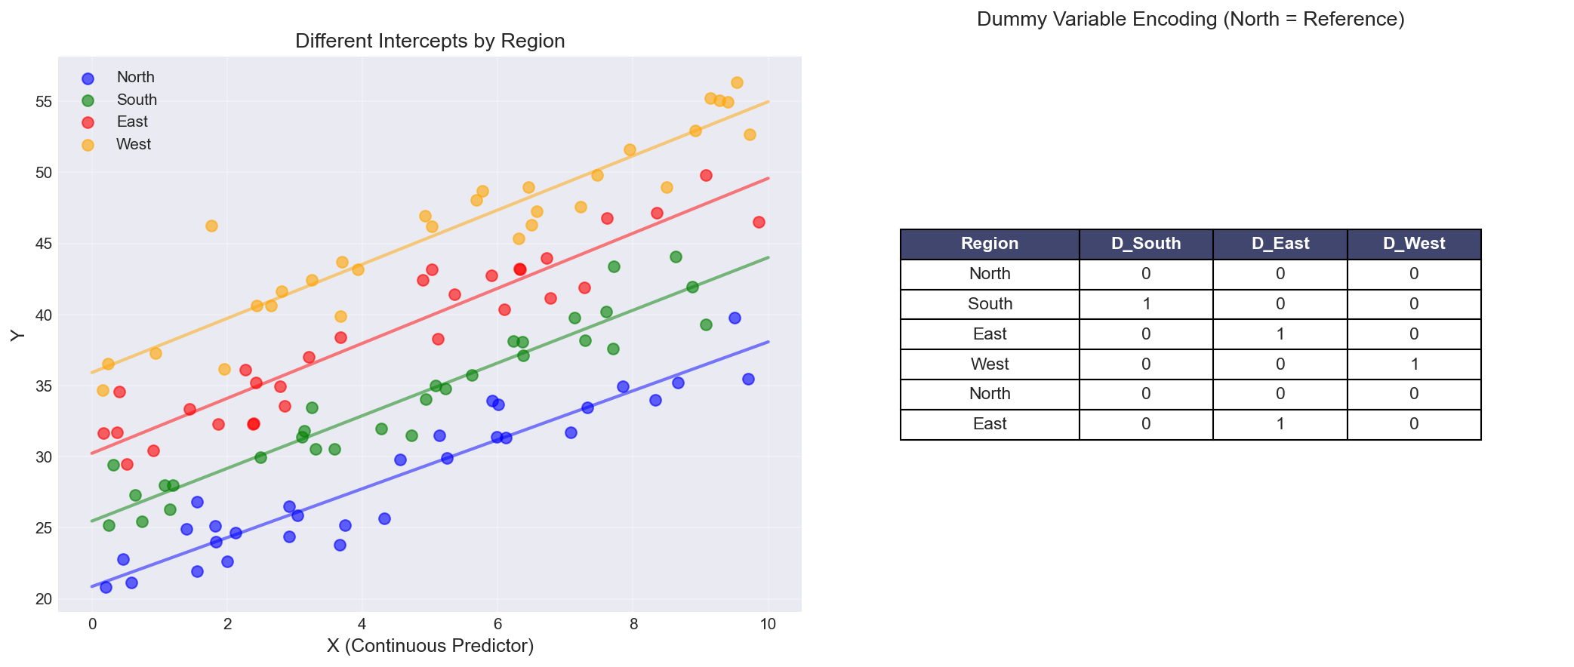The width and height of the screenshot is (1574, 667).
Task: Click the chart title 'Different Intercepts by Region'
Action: [x=430, y=41]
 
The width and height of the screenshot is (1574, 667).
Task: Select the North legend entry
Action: [x=135, y=77]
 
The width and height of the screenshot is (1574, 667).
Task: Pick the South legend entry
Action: [x=137, y=100]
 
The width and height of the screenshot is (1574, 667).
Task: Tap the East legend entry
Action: [x=132, y=121]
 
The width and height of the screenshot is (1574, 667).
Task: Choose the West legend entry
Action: [x=134, y=144]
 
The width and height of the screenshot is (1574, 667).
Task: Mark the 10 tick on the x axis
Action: [x=768, y=624]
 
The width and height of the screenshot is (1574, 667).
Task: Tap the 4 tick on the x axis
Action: [x=362, y=624]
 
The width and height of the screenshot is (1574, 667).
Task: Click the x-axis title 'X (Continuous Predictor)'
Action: [x=430, y=646]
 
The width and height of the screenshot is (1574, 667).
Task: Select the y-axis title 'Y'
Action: [x=18, y=336]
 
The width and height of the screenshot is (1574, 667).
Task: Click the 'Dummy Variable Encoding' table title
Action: [x=1190, y=20]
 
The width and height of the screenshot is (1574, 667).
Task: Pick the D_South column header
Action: [x=1145, y=244]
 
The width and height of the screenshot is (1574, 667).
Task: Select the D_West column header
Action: [x=1413, y=244]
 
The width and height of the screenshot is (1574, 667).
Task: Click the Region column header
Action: [x=989, y=244]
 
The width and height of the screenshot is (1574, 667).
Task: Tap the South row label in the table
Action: [x=989, y=304]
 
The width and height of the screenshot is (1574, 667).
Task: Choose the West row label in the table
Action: [x=989, y=364]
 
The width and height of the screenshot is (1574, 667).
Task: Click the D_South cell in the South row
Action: [x=1145, y=304]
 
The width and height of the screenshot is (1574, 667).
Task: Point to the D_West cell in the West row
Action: [x=1413, y=364]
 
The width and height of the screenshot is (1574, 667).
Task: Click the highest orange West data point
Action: [x=737, y=82]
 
